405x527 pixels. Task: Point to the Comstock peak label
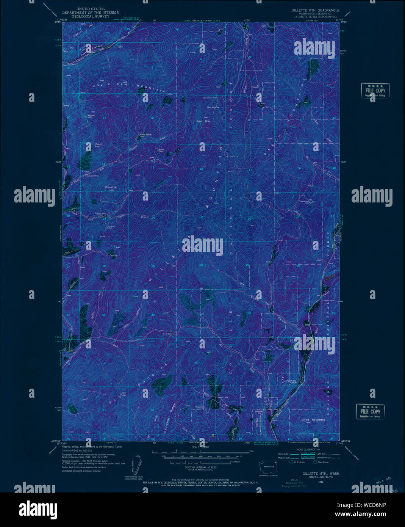tap(111, 187)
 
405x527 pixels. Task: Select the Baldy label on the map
tap(88, 144)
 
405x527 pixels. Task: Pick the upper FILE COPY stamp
tap(375, 91)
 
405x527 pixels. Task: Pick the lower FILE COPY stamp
tap(370, 411)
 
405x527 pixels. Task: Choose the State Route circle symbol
tap(315, 462)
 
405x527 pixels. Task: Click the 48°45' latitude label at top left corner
tap(58, 22)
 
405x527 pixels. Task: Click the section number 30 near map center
tap(201, 265)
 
